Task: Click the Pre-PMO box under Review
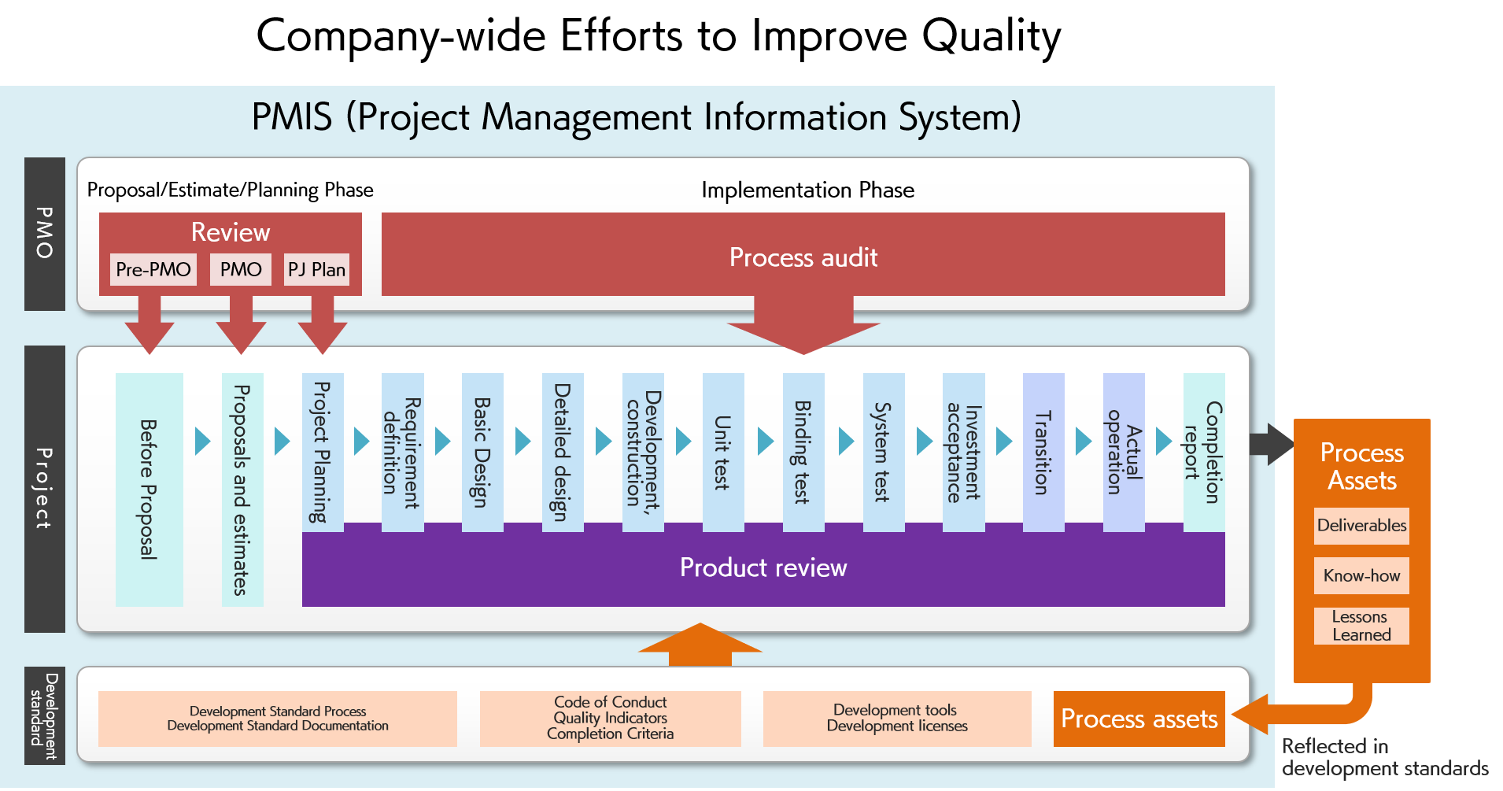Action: tap(153, 269)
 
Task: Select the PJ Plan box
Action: tap(316, 269)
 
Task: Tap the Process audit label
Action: tap(803, 257)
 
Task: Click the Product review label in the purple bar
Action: tap(763, 567)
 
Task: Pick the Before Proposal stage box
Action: tap(150, 490)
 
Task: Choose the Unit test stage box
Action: tap(723, 453)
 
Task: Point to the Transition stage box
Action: tap(1043, 453)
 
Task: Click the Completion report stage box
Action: tap(1204, 453)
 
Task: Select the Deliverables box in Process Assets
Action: tap(1361, 526)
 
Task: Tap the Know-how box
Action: tap(1361, 575)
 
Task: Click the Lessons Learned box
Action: tap(1361, 626)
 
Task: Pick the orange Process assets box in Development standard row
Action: tap(1139, 719)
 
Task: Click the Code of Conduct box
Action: tap(611, 719)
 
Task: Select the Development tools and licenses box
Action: tap(897, 719)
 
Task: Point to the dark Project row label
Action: tap(45, 489)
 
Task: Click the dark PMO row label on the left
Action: tap(45, 234)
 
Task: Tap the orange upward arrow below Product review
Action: tap(700, 645)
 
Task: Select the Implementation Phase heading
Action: tap(808, 190)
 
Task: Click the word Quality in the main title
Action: tap(992, 37)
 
